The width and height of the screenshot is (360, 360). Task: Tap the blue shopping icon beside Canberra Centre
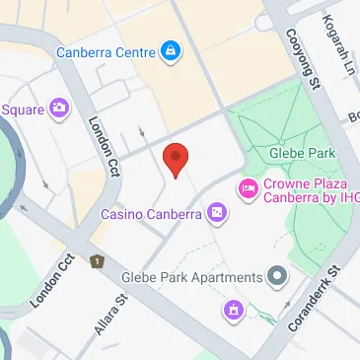pyautogui.click(x=170, y=49)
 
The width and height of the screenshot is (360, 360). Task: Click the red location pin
pyautogui.click(x=175, y=158)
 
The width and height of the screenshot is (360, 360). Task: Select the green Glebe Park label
pyautogui.click(x=301, y=153)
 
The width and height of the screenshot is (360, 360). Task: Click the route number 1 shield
pyautogui.click(x=97, y=261)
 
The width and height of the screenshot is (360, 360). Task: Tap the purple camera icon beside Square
pyautogui.click(x=60, y=107)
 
